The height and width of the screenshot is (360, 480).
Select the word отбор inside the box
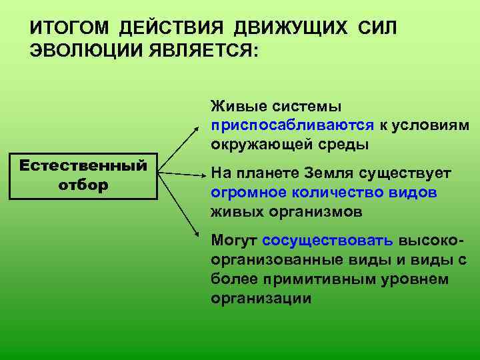tap(83, 185)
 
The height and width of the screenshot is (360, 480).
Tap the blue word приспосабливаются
tap(293, 125)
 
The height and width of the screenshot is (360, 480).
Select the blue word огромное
tap(244, 193)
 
